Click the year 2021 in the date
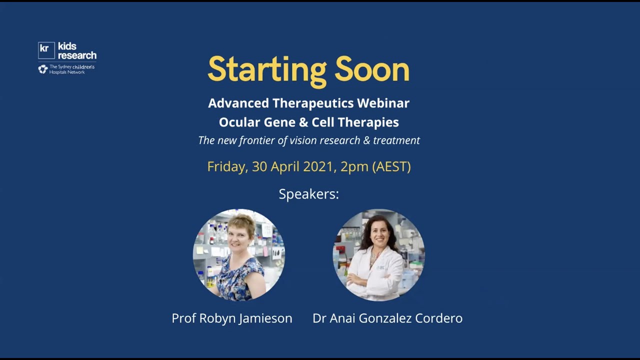(318, 166)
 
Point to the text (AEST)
(391, 166)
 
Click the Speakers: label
(308, 194)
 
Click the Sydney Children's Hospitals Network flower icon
(43, 69)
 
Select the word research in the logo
(77, 55)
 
